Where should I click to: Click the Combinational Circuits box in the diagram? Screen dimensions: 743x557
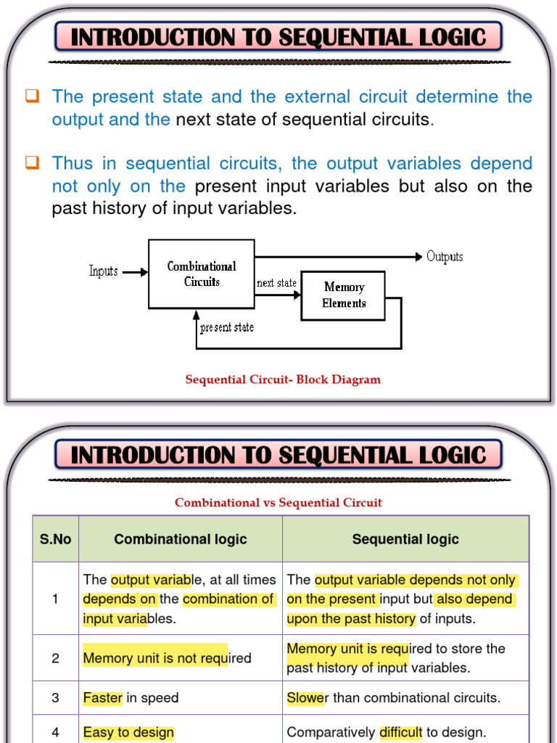pyautogui.click(x=202, y=274)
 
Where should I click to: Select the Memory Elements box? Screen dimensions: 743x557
pyautogui.click(x=343, y=295)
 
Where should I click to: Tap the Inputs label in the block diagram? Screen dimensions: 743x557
pyautogui.click(x=103, y=271)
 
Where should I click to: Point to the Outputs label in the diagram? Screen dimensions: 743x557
pyautogui.click(x=445, y=256)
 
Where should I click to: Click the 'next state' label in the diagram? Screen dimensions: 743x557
pyautogui.click(x=276, y=283)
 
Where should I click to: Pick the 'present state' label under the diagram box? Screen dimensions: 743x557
pyautogui.click(x=227, y=327)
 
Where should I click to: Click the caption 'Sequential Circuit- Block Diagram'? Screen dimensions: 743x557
pyautogui.click(x=283, y=379)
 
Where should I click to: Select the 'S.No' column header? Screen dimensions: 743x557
pyautogui.click(x=55, y=539)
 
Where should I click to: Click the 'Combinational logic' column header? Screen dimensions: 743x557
pyautogui.click(x=181, y=539)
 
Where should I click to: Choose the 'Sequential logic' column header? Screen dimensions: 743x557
pyautogui.click(x=405, y=539)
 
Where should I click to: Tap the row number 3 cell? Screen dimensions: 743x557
pyautogui.click(x=55, y=698)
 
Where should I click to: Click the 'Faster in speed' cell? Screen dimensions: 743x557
pyautogui.click(x=131, y=698)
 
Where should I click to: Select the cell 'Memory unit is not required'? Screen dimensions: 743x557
pyautogui.click(x=167, y=658)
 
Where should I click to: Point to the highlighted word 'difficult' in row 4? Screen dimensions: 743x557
pyautogui.click(x=400, y=732)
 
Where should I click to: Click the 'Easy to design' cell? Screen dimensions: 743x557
pyautogui.click(x=128, y=732)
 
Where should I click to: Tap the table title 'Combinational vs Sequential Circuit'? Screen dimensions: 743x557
pyautogui.click(x=278, y=502)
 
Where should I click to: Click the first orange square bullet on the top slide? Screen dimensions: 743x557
pyautogui.click(x=31, y=96)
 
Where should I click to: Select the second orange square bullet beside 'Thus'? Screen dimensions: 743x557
pyautogui.click(x=31, y=163)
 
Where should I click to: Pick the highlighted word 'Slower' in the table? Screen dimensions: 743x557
pyautogui.click(x=305, y=698)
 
